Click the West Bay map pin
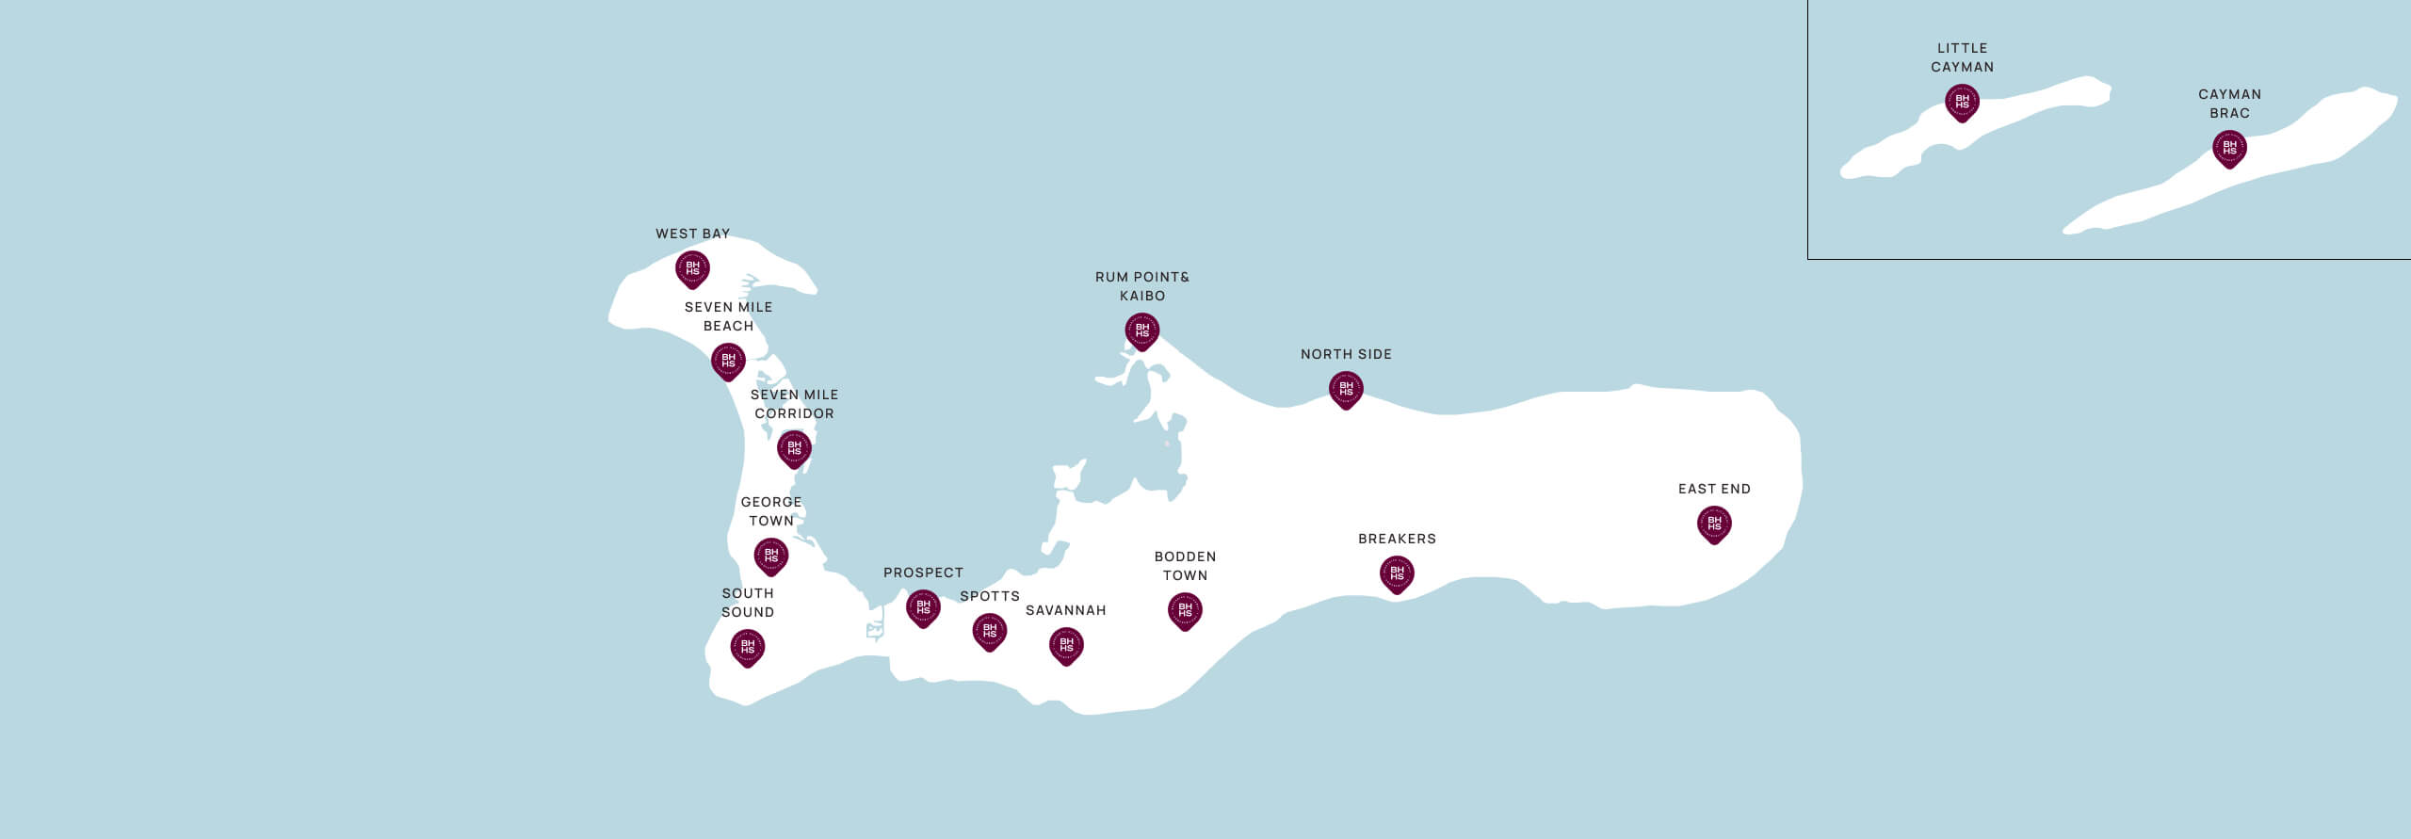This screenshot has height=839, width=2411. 692,269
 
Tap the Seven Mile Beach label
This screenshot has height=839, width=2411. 728,316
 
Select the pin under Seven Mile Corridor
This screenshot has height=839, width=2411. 794,449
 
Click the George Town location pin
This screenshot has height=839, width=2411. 770,557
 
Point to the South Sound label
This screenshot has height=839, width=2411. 748,603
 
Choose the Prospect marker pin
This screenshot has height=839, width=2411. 923,608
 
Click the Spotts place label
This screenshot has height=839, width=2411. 989,596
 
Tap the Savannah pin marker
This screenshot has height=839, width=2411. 1066,646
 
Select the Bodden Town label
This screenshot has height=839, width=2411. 1185,566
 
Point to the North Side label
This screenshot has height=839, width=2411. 1346,354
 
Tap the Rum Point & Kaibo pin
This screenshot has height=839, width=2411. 1142,331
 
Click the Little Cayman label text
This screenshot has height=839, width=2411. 1962,57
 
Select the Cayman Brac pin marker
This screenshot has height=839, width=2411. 2229,149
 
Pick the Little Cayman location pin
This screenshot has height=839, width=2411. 1962,102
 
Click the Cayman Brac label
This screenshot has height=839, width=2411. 2229,104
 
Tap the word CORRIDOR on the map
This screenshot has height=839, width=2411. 794,413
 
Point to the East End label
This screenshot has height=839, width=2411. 1714,489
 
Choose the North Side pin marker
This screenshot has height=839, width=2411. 1346,390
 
